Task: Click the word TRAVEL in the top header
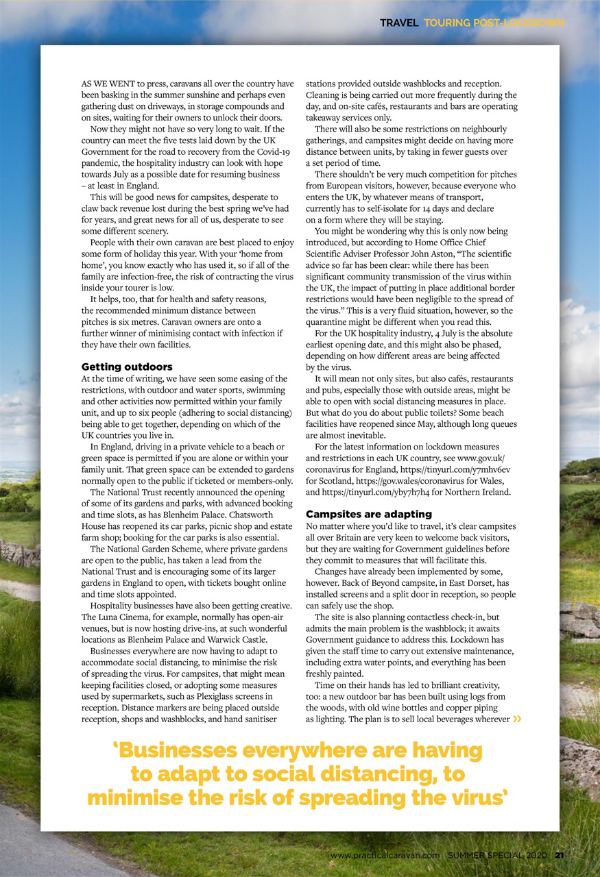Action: point(399,23)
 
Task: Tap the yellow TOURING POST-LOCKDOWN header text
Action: point(494,23)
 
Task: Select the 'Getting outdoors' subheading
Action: point(127,367)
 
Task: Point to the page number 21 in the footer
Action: point(560,855)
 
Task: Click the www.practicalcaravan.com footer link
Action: point(385,855)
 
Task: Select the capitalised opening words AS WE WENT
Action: point(110,84)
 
